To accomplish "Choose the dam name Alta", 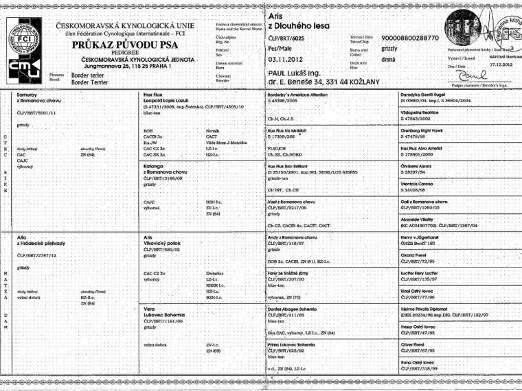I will tap(21, 237).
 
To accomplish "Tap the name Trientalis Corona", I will tap(421, 185).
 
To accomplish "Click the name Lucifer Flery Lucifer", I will tap(423, 272).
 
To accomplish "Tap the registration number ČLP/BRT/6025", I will tap(291, 38).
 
